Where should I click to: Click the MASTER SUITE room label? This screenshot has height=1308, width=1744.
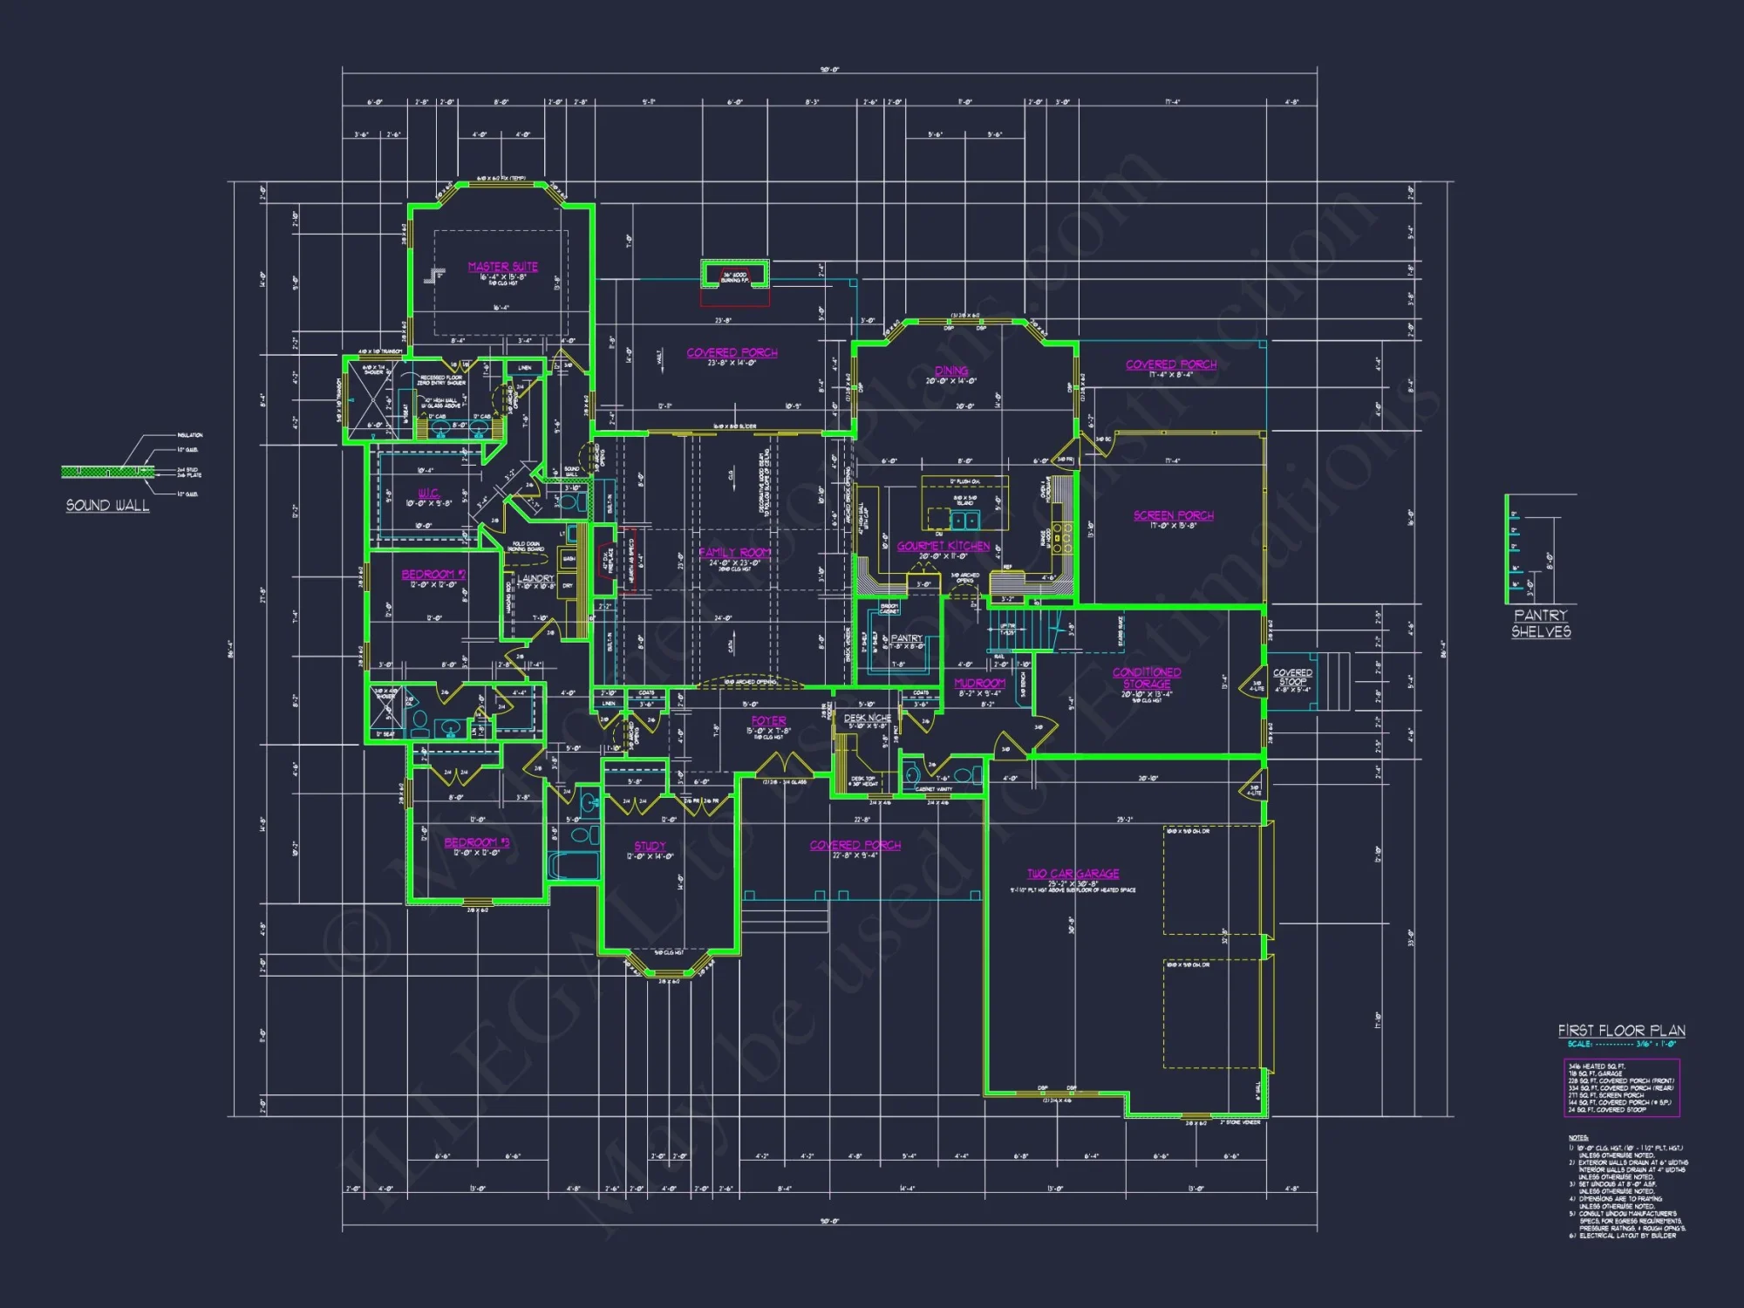point(502,267)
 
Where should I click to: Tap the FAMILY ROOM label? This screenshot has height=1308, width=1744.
point(734,553)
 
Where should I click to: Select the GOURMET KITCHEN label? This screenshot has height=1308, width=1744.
point(944,546)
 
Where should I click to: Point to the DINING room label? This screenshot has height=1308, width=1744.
point(951,371)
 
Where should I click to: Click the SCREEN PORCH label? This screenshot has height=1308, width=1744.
point(1173,515)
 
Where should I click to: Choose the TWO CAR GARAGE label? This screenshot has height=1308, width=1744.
point(1073,874)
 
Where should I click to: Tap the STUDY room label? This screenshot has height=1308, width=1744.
point(650,846)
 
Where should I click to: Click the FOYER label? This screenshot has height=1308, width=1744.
point(768,721)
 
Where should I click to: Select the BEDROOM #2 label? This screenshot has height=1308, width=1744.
point(433,575)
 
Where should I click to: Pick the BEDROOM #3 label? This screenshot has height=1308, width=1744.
point(476,842)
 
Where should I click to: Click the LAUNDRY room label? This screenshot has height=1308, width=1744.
point(535,578)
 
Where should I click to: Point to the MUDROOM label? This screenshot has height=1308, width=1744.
point(979,684)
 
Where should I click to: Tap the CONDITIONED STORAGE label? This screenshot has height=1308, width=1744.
point(1147,678)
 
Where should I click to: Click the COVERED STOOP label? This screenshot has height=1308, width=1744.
point(1292,677)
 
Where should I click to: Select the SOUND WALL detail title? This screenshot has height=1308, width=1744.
point(107,506)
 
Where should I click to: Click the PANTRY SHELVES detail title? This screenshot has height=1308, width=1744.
point(1541,623)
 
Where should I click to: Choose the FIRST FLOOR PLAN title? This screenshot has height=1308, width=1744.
point(1621,1031)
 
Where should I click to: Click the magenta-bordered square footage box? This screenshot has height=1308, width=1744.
point(1621,1087)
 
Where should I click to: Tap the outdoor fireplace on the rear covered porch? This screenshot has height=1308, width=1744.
point(735,276)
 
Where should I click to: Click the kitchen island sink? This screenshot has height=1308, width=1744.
point(964,521)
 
